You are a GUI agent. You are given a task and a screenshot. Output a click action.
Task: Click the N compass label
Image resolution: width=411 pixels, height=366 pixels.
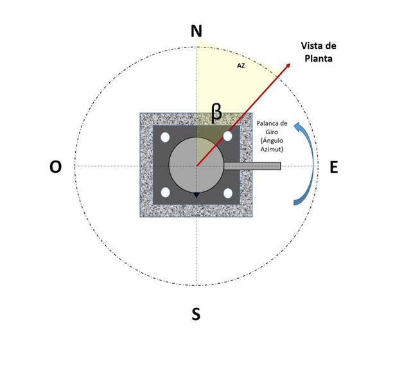point(197,31)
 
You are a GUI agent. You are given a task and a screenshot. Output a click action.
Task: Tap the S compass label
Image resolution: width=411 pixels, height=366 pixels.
point(196,314)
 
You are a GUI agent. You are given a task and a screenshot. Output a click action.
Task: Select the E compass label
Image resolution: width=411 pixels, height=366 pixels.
point(334,168)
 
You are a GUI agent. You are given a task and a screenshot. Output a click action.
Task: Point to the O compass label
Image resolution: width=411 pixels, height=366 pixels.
point(56,167)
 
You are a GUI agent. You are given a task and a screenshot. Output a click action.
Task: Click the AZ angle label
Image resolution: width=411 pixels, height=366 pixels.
point(241,65)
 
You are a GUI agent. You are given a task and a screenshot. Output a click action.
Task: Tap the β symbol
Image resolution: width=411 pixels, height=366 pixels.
point(216,113)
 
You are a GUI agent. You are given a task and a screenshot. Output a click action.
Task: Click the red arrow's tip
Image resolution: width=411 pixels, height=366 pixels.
point(290,63)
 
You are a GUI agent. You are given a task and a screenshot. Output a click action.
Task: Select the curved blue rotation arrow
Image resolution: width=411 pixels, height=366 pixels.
point(304,163)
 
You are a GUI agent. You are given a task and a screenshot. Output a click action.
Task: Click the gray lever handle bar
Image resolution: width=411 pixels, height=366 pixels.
point(252,166)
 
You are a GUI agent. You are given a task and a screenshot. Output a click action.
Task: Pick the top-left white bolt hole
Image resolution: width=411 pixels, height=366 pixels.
point(165,137)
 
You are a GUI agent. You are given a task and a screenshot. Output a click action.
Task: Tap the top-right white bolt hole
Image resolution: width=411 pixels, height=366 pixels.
point(228,136)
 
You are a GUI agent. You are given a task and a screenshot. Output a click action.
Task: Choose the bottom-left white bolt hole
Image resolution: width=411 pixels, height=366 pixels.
point(165,193)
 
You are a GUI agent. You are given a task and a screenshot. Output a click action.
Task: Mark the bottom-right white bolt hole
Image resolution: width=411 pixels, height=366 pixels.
point(228,193)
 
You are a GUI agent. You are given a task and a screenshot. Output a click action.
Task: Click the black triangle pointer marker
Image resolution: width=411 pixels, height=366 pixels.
point(197,195)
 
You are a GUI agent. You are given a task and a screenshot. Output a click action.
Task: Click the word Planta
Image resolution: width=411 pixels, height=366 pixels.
point(319,58)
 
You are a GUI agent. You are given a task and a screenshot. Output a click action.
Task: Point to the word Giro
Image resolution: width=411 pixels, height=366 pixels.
point(272,132)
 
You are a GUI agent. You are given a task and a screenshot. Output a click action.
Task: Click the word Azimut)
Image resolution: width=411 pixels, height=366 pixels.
point(272,149)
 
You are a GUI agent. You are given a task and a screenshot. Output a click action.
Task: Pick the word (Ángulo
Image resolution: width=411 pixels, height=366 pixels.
point(272,141)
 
